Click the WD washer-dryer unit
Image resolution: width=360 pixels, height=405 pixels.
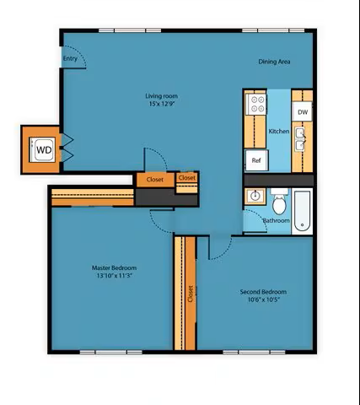(x=43, y=149)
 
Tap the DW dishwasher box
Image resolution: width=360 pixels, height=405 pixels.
(x=303, y=112)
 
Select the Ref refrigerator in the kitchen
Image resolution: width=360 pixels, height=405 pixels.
(x=256, y=160)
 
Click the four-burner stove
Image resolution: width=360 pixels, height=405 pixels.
(x=255, y=104)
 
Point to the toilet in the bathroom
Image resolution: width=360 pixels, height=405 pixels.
(x=279, y=202)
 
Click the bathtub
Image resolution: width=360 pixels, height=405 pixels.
(x=302, y=211)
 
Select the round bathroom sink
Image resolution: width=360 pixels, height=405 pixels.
(x=255, y=196)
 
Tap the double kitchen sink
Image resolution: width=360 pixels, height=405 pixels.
(x=300, y=139)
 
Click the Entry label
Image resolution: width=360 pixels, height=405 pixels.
(x=70, y=58)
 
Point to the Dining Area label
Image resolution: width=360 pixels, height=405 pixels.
(x=274, y=62)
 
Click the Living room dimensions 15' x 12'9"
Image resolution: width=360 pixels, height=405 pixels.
(x=162, y=104)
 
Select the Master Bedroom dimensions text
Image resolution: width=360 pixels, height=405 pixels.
(x=114, y=276)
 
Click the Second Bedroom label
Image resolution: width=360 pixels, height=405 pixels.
(x=263, y=292)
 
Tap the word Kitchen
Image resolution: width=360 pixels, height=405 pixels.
(x=279, y=132)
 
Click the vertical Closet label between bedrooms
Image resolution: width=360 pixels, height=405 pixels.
(x=191, y=294)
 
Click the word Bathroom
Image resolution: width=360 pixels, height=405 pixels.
(x=276, y=220)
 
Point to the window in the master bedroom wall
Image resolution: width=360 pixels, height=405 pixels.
(x=111, y=352)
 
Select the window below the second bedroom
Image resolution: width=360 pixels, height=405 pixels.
(x=254, y=352)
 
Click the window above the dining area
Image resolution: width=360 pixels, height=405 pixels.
(x=273, y=30)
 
